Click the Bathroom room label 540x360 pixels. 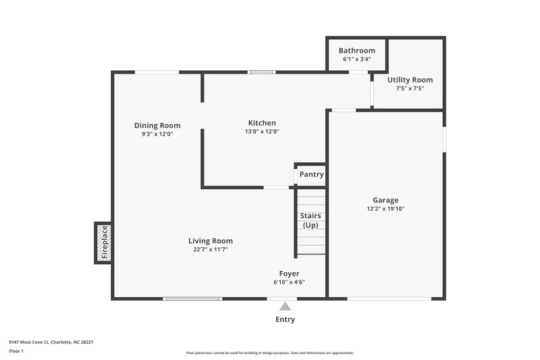point(356,51)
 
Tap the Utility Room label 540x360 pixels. point(410,80)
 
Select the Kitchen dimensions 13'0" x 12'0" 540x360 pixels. point(262,132)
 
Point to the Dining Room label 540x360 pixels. point(157,125)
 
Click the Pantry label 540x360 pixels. point(311,174)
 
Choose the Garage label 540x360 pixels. point(385,200)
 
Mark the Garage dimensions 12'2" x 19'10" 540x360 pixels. point(385,209)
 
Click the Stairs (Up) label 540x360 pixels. point(310,220)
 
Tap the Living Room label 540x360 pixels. point(211,240)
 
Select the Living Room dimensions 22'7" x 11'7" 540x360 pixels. point(211,249)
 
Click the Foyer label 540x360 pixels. point(289,274)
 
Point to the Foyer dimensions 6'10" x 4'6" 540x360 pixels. point(289,282)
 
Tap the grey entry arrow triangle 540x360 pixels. point(285,306)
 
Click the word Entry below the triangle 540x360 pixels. point(285,319)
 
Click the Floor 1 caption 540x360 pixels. point(17,351)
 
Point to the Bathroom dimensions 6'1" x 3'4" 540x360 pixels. point(356,59)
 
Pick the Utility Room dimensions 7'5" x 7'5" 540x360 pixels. point(410,88)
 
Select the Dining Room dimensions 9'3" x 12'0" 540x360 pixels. point(157,134)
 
